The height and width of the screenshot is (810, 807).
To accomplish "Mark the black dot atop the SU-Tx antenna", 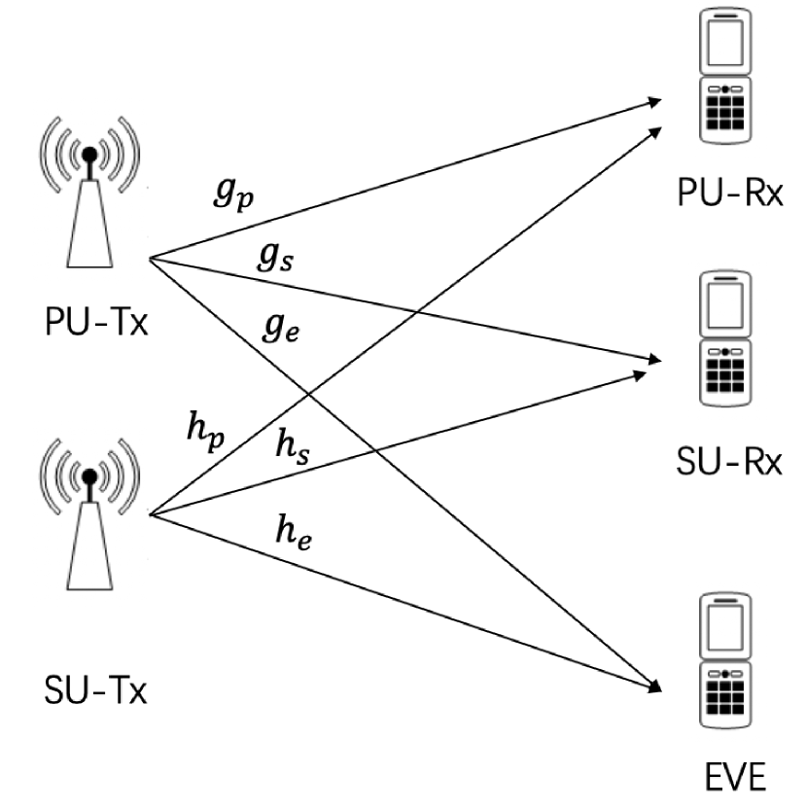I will [89, 476].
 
